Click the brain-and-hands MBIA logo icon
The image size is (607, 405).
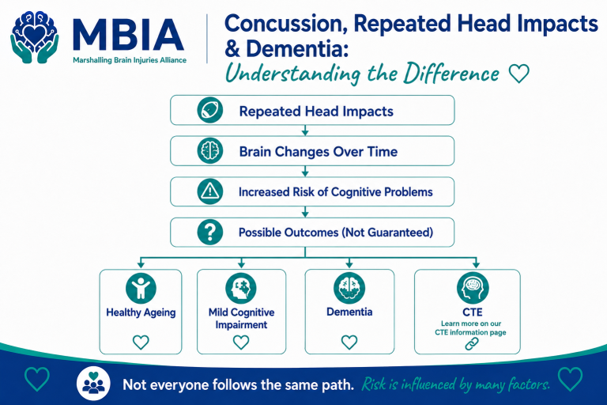point(35,37)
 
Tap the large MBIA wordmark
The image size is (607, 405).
point(128,35)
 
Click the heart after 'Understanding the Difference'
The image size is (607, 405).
point(518,74)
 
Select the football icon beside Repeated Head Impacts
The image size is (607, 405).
point(209,110)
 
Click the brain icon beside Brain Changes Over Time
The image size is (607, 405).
point(209,151)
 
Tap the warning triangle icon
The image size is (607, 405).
point(209,191)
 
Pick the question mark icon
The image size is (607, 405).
point(209,232)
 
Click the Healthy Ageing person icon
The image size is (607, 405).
point(141,289)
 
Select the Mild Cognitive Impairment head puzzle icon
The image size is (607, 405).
point(241,289)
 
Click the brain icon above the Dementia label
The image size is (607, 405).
point(349,288)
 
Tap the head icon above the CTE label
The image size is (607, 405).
point(473,288)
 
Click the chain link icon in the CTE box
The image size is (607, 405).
point(472,343)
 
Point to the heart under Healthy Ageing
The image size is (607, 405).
point(141,343)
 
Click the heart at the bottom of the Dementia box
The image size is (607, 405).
point(349,343)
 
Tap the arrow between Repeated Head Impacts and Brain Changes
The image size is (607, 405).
point(305,131)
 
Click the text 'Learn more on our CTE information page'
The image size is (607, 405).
point(471,327)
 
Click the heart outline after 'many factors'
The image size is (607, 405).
point(570,379)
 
